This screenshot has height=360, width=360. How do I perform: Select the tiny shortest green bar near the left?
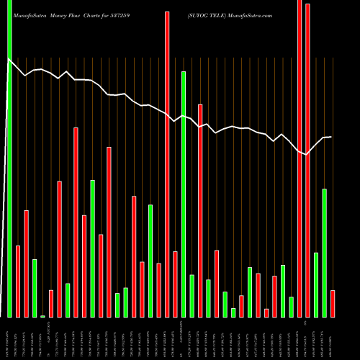tap(42, 315)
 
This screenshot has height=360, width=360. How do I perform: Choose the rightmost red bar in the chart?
tap(333, 303)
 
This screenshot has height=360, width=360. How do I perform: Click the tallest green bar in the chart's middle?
tap(183, 194)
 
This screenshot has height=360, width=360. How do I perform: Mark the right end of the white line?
tap(331, 137)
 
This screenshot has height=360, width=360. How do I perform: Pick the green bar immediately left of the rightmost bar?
tap(324, 253)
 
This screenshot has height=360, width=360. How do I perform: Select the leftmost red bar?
tap(18, 281)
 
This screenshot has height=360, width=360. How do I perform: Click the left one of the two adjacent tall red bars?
tap(300, 158)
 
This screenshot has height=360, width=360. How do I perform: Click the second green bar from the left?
tap(35, 287)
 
